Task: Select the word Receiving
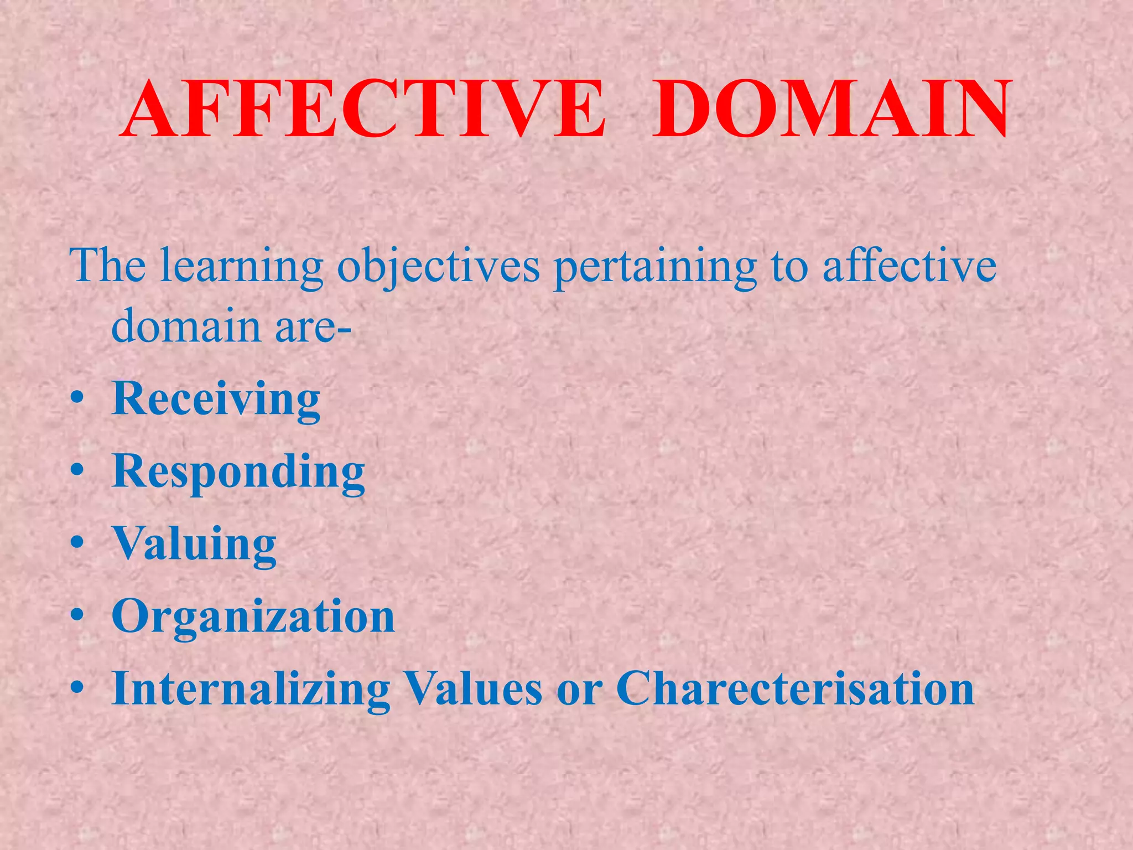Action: pyautogui.click(x=216, y=400)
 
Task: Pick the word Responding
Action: pyautogui.click(x=238, y=472)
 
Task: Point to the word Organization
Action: pyautogui.click(x=253, y=616)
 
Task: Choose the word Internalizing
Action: pyautogui.click(x=251, y=689)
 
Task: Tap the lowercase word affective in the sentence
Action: pyautogui.click(x=909, y=266)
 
